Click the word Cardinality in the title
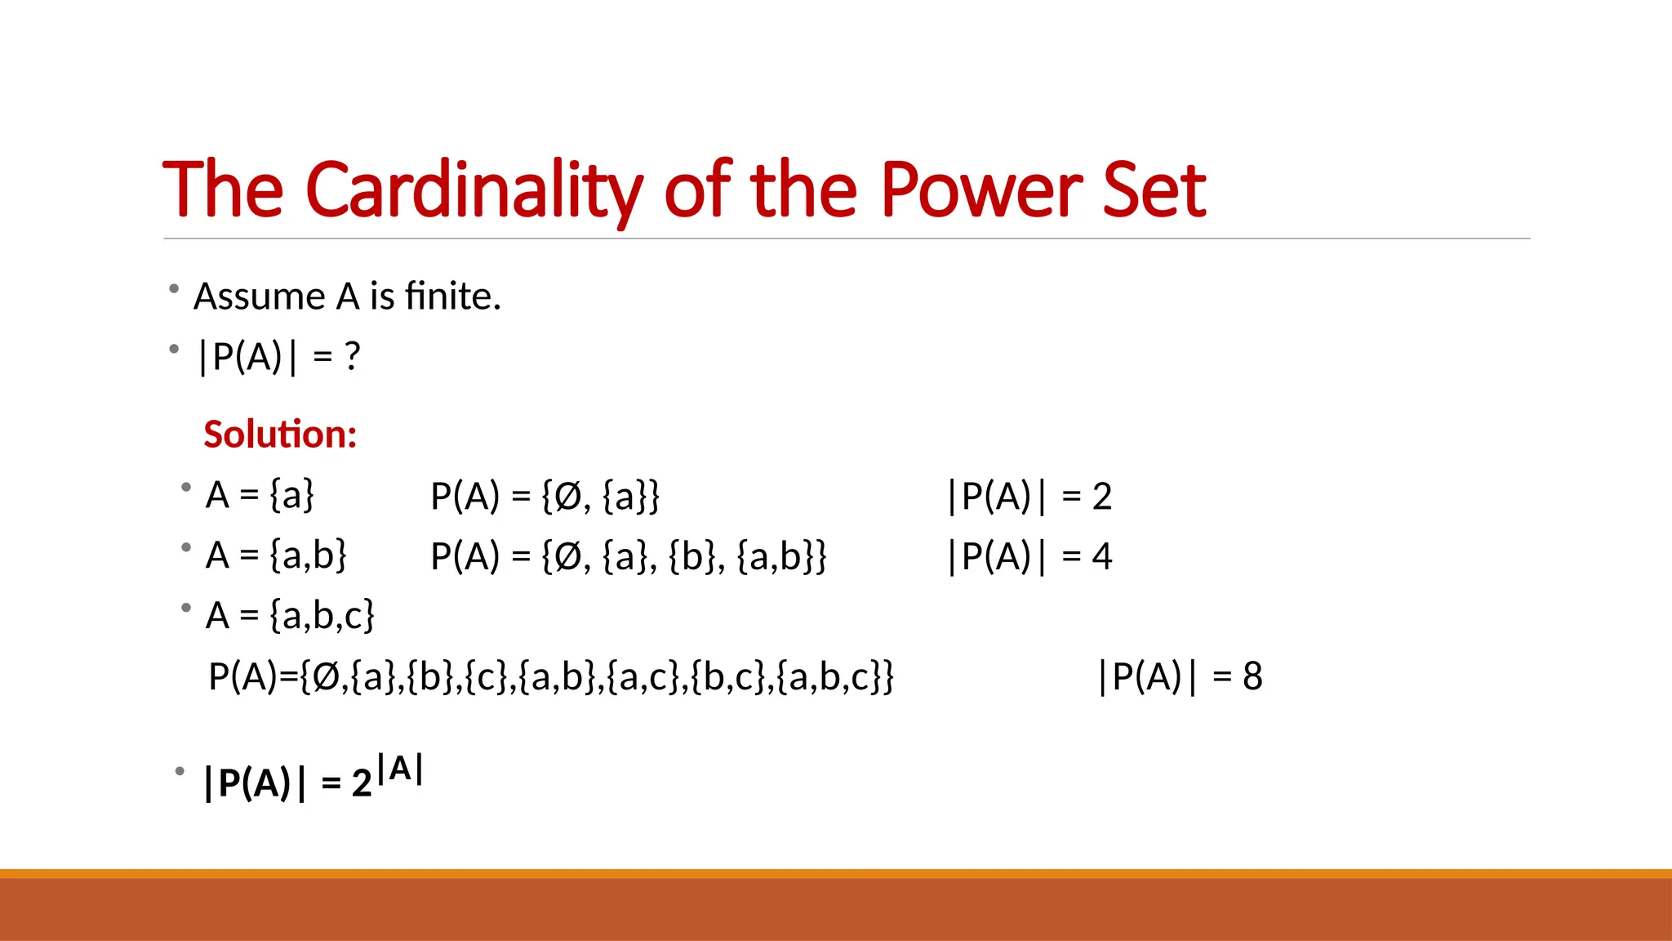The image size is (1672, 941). (x=474, y=190)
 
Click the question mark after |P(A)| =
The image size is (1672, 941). (x=352, y=356)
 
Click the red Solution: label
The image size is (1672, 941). (x=280, y=434)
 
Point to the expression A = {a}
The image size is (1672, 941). (x=260, y=495)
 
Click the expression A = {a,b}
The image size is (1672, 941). (x=276, y=555)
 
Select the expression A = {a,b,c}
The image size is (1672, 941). (x=290, y=615)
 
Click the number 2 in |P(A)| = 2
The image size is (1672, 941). (x=1101, y=497)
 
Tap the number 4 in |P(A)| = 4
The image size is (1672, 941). (x=1101, y=557)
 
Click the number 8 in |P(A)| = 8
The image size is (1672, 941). (x=1252, y=676)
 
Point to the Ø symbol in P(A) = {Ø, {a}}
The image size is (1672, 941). (x=567, y=497)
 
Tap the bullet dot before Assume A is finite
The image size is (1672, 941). (x=174, y=288)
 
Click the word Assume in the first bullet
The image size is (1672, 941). (x=259, y=296)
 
